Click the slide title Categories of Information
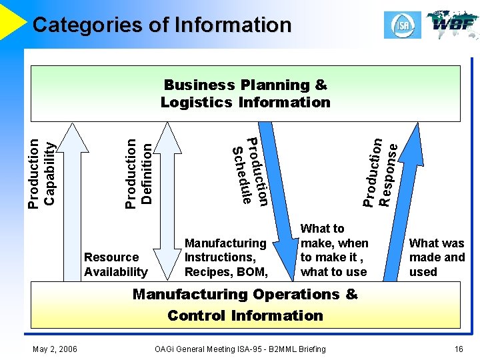click(x=162, y=25)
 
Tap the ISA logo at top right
click(x=402, y=25)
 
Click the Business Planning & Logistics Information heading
click(x=245, y=93)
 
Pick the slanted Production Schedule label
click(x=249, y=171)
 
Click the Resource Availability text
click(x=115, y=264)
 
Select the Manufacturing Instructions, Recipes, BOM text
click(x=225, y=257)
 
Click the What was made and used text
click(x=437, y=257)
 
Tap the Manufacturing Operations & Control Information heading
click(x=245, y=305)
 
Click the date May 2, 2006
click(x=54, y=349)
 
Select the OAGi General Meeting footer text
click(x=240, y=349)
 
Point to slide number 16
click(x=458, y=349)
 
